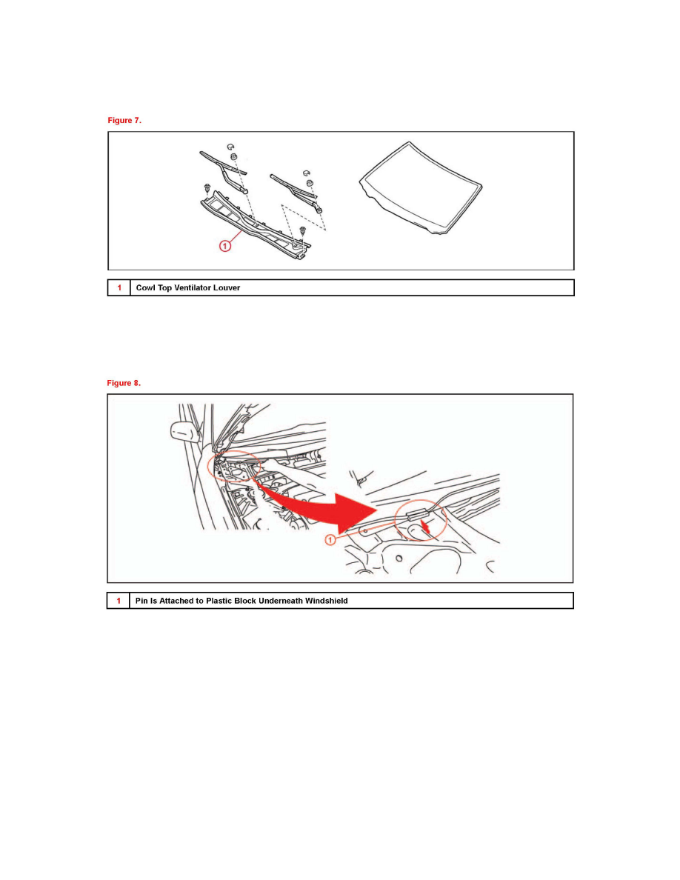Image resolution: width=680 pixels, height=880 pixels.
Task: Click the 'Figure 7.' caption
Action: coord(124,121)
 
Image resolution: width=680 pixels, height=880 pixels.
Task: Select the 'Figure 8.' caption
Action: coord(124,383)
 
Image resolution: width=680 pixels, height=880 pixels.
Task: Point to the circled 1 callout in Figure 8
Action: coord(331,540)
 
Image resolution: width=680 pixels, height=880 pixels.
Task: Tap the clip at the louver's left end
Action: coord(207,190)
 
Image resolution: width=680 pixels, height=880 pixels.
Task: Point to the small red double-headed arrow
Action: coord(424,527)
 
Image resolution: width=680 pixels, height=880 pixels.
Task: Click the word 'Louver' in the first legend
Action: coord(225,287)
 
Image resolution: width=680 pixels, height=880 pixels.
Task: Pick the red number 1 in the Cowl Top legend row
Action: coord(119,287)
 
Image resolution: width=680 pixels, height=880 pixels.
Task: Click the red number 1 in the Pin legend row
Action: coord(119,601)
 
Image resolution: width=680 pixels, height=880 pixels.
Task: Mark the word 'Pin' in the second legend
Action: coord(141,601)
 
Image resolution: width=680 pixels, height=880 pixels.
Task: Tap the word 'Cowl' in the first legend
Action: coord(145,287)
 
